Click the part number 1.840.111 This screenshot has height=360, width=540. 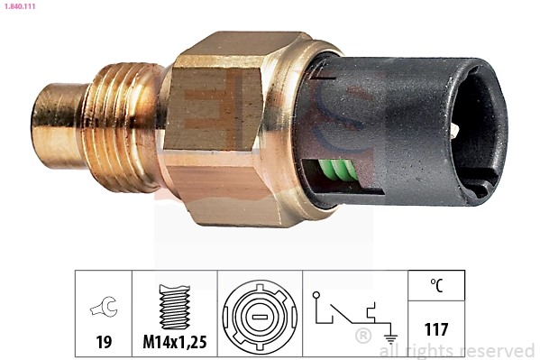pos(20,6)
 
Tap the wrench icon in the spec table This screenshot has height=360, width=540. pos(105,306)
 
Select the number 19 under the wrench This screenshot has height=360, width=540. pos(104,342)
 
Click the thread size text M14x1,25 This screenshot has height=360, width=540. pos(175,342)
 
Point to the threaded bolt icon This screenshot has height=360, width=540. pos(175,307)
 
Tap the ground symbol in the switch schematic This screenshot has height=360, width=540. pos(390,338)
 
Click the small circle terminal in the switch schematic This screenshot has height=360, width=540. pos(316,295)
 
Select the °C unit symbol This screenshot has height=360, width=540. pos(436,285)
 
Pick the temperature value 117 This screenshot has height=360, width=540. pos(436,329)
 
